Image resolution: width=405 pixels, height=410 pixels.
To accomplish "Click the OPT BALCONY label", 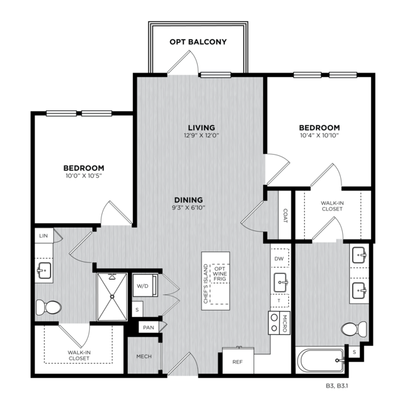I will tap(198, 42).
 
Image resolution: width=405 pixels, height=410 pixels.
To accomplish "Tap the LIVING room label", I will tap(201, 127).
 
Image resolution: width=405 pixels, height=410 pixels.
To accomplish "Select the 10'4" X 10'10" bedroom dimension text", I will tap(318, 135).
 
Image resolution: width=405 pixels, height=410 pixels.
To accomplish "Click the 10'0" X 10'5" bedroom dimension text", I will tap(84, 175).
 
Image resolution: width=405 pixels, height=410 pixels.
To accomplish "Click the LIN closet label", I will tap(44, 236).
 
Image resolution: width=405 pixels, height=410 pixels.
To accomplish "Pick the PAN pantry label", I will tap(148, 327).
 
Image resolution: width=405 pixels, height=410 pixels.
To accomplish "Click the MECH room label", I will tap(143, 356).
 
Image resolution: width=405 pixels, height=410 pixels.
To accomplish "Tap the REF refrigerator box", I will tap(237, 361).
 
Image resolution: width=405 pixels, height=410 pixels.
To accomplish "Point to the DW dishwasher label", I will tap(279, 259).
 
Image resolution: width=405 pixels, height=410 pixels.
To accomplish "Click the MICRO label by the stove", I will tap(286, 323).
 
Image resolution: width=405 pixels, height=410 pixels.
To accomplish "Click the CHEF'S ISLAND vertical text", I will tap(206, 284).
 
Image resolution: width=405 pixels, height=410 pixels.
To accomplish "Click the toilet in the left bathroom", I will tap(47, 307).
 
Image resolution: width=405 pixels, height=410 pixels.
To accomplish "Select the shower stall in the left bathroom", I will tap(112, 296).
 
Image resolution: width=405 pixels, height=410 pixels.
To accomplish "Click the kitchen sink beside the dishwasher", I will tap(280, 281).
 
